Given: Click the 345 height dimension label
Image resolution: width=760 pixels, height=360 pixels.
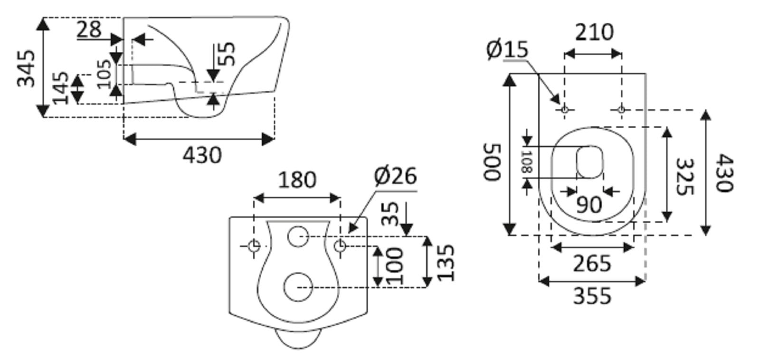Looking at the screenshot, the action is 26,68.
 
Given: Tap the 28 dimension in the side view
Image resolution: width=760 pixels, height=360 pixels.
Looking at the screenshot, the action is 89,29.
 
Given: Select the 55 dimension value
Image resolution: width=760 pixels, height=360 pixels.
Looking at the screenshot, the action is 226,53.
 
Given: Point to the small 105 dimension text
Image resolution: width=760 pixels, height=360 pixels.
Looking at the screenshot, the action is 104,74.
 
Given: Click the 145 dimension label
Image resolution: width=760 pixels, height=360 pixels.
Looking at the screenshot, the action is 60,88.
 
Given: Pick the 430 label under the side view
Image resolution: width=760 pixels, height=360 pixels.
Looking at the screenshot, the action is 202,155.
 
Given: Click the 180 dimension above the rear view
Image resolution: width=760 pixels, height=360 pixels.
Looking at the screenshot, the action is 297,180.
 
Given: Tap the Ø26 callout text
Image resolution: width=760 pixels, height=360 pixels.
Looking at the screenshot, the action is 395,176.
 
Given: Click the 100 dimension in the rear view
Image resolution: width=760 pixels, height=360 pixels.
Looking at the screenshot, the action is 394,266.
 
